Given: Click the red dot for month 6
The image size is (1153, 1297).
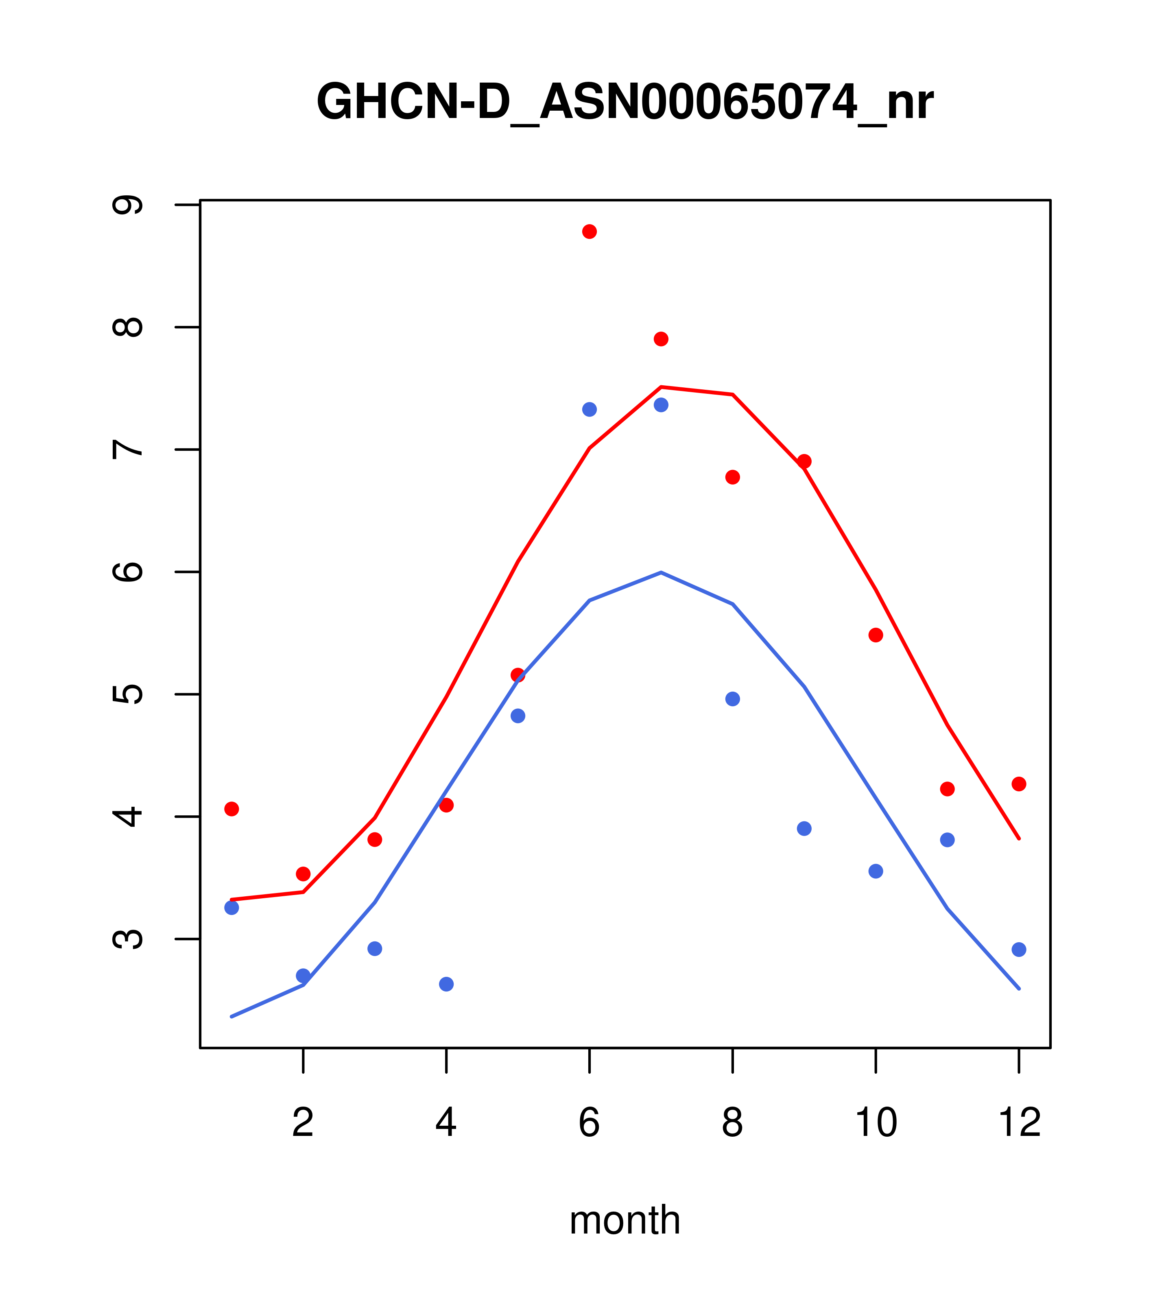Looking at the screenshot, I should click(590, 231).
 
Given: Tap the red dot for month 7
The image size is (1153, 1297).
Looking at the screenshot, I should click(661, 339).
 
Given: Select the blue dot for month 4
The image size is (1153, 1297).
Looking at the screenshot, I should click(447, 984).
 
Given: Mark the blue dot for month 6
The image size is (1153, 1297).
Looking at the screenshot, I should click(590, 409).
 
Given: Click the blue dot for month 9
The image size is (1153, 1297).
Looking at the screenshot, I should click(804, 829).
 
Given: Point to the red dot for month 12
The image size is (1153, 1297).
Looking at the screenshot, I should click(1019, 784).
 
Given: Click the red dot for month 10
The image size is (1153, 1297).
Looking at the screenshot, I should click(876, 635).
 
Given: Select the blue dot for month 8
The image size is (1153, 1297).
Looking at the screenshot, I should click(733, 699).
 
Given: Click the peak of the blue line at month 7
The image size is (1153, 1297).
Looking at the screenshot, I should click(661, 572).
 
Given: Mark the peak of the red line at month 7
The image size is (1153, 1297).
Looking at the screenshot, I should click(661, 387).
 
